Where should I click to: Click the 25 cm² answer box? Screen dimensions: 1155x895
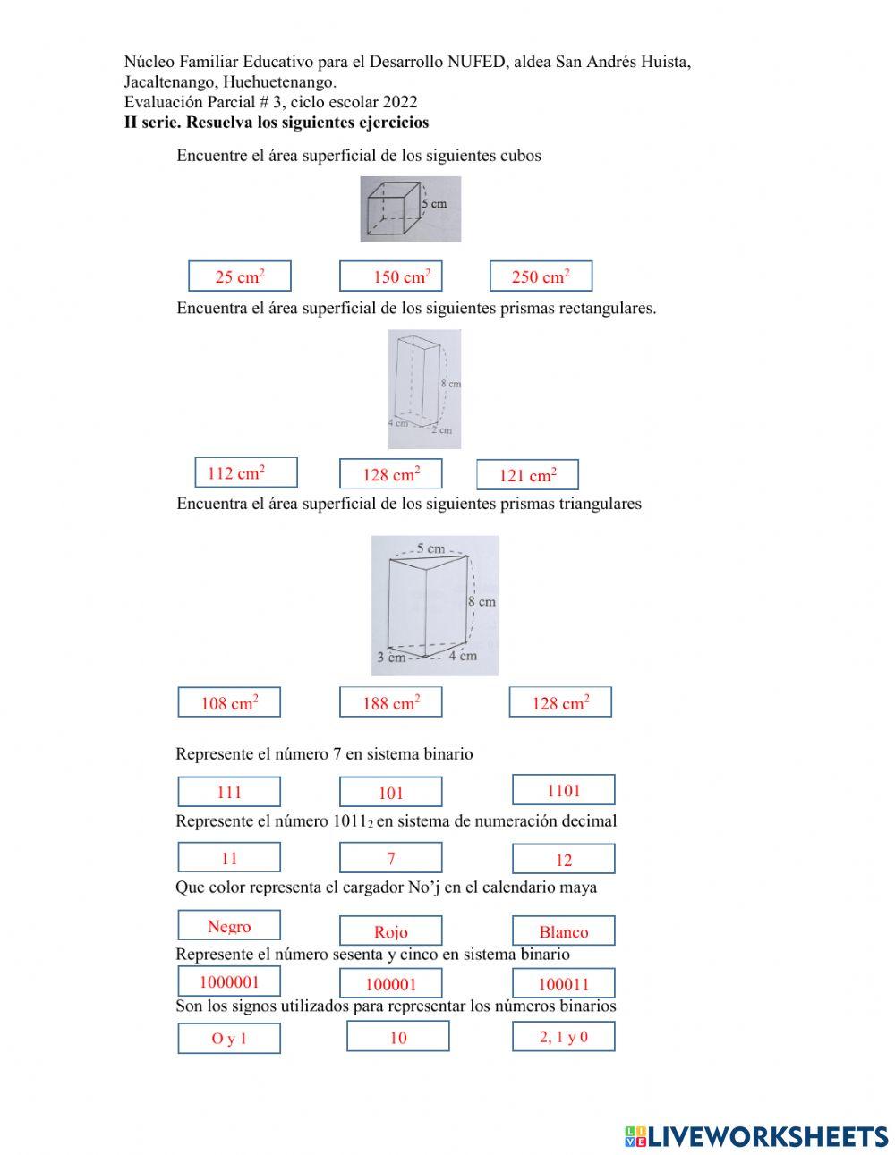coord(239,276)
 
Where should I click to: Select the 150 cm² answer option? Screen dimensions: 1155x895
coord(390,276)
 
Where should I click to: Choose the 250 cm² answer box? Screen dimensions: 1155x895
coord(541,276)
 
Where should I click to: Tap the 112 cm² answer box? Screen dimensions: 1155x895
coord(245,472)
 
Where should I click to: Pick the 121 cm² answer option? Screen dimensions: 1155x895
coord(527,475)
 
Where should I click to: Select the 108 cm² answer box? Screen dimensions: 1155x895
coord(229,703)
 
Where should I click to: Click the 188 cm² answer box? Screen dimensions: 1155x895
coord(390,703)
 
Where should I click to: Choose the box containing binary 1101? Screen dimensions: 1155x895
coord(563,790)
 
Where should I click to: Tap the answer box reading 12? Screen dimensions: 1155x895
coord(563,860)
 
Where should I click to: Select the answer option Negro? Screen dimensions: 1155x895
coord(229,926)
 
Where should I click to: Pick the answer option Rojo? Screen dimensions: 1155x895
coord(390,931)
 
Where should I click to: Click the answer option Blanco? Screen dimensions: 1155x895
coord(563,931)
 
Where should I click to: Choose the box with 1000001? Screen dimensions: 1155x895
coord(229,981)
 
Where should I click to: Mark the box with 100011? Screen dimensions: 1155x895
coord(563,984)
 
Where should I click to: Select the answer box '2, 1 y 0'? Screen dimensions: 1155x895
coord(563,1037)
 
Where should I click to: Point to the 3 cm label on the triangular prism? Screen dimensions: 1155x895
coord(390,658)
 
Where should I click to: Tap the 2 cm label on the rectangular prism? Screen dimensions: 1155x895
coord(441,430)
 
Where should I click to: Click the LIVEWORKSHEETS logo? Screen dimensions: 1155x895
coord(755,1136)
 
